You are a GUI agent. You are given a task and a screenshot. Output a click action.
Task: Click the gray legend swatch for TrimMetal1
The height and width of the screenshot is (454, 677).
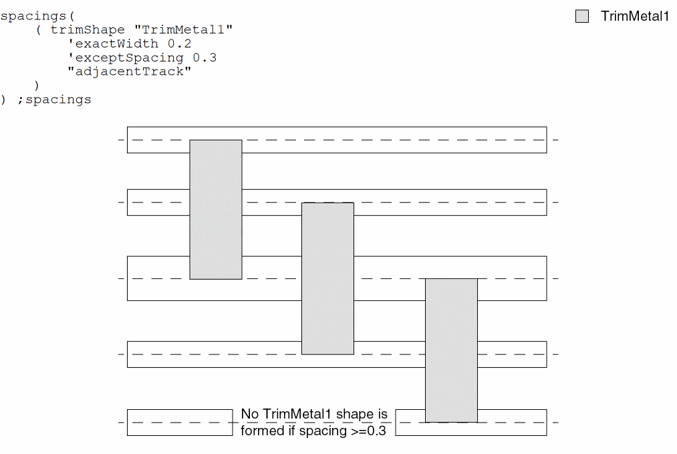pyautogui.click(x=582, y=16)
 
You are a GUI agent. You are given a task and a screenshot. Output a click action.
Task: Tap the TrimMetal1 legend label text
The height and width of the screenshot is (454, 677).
pyautogui.click(x=634, y=16)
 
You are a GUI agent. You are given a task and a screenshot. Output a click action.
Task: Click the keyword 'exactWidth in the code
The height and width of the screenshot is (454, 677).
pyautogui.click(x=113, y=43)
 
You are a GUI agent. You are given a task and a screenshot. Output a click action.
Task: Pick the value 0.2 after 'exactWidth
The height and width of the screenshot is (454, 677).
pyautogui.click(x=180, y=43)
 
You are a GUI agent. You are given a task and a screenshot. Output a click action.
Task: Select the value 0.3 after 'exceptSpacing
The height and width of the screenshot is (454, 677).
pyautogui.click(x=205, y=58)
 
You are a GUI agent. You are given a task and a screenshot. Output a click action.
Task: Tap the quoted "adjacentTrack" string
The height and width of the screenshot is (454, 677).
pyautogui.click(x=129, y=72)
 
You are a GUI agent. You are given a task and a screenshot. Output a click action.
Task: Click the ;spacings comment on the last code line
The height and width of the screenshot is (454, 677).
pyautogui.click(x=53, y=100)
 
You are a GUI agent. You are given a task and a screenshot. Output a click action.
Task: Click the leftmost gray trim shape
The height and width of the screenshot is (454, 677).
pyautogui.click(x=216, y=209)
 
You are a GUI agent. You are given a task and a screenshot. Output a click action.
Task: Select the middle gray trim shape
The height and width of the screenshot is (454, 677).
pyautogui.click(x=327, y=278)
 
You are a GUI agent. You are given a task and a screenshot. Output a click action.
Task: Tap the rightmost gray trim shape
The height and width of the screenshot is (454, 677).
pyautogui.click(x=452, y=350)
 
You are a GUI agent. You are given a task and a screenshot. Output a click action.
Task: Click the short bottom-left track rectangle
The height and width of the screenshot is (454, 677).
pyautogui.click(x=180, y=422)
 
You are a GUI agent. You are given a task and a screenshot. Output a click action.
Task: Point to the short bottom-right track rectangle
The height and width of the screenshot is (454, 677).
pyautogui.click(x=512, y=422)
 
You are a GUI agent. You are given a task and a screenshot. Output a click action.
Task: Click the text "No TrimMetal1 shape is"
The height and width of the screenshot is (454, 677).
pyautogui.click(x=314, y=415)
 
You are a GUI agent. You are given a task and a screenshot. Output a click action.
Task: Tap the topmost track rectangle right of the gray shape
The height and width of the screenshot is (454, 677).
pyautogui.click(x=394, y=140)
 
